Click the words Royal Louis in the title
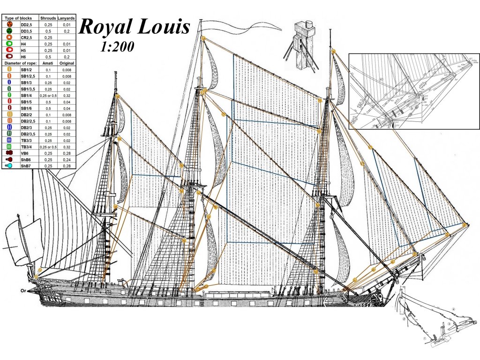pyautogui.click(x=134, y=27)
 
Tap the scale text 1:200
pyautogui.click(x=117, y=47)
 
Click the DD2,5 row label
pyautogui.click(x=26, y=24)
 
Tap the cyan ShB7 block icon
pyautogui.click(x=8, y=165)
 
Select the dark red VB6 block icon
pyautogui.click(x=8, y=153)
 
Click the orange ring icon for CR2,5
pyautogui.click(x=8, y=37)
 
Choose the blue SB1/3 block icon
pyautogui.click(x=8, y=82)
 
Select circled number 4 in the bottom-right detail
pyautogui.click(x=453, y=309)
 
